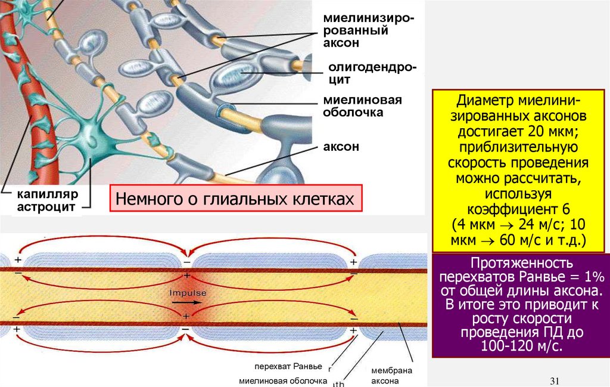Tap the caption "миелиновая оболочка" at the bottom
(x=283, y=380)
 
